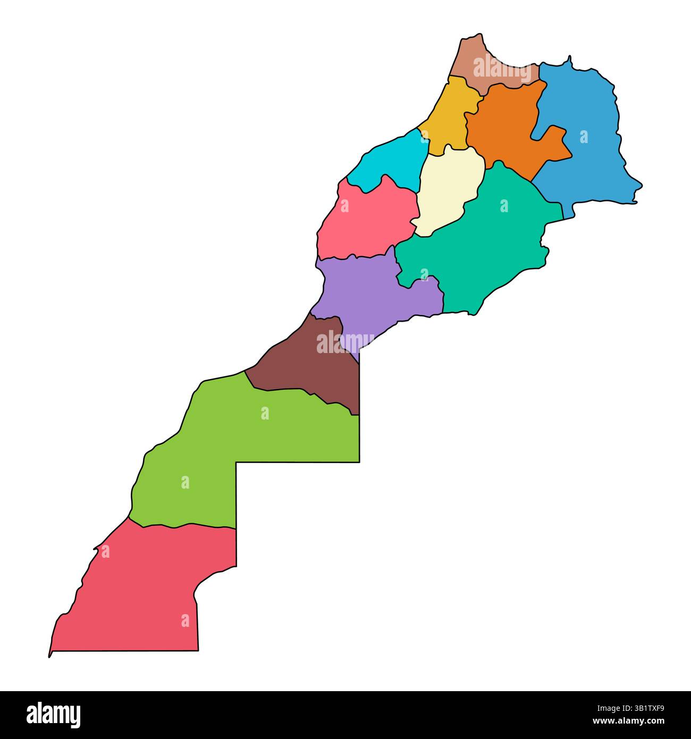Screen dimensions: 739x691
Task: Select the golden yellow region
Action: [x=450, y=114]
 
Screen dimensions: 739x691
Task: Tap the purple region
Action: [x=372, y=298]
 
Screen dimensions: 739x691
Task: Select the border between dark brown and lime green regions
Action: [x=298, y=390]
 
